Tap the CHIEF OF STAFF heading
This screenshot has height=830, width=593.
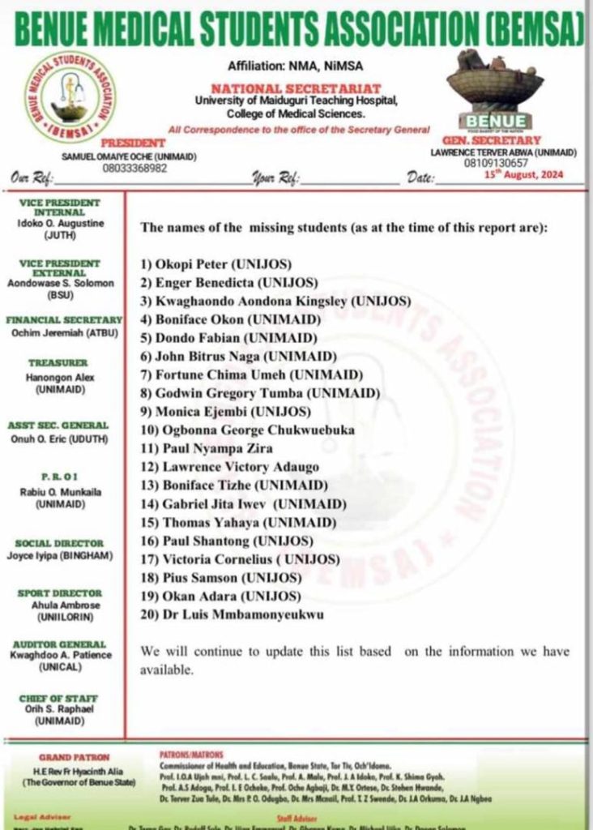59,699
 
